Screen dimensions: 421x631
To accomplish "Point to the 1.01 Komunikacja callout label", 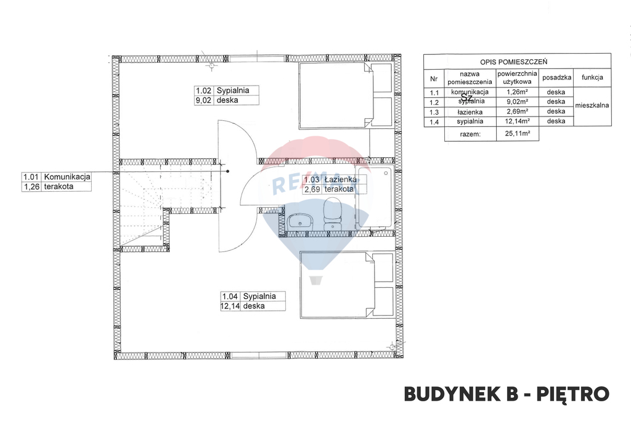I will click(x=56, y=181).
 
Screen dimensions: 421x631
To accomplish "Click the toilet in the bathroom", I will click(x=333, y=213).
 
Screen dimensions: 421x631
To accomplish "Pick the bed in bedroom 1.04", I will click(x=346, y=284).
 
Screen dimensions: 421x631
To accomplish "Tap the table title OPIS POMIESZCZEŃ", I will click(x=517, y=62).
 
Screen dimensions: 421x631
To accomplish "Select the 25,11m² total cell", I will click(x=518, y=133).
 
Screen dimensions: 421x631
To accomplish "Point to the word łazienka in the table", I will click(x=470, y=112).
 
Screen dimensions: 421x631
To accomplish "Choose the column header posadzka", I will click(x=556, y=78).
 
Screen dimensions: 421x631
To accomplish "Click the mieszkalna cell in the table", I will click(x=592, y=105).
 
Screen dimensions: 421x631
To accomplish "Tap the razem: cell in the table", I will click(x=470, y=133).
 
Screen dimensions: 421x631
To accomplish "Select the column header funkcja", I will click(x=592, y=78).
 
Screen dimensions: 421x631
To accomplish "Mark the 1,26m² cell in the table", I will click(x=518, y=92).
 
